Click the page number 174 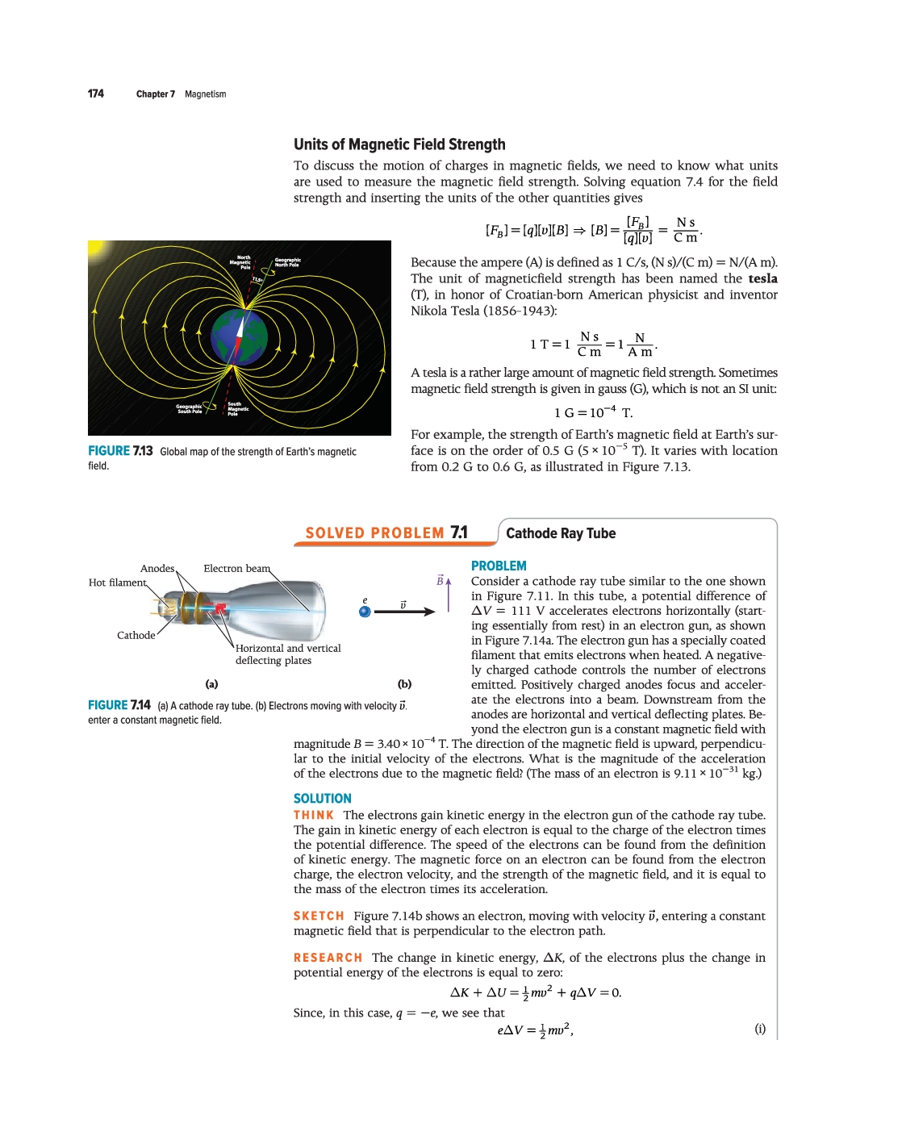tap(96, 94)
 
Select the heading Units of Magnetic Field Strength tap(399, 144)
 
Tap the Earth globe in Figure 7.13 tap(240, 337)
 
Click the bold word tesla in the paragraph tap(762, 278)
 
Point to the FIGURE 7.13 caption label tap(120, 451)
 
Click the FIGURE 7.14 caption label tap(119, 705)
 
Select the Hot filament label tap(118, 583)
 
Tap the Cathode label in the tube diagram tap(136, 635)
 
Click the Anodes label tap(157, 569)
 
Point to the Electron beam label tap(236, 569)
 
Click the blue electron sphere tap(365, 612)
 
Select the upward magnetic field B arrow tap(449, 594)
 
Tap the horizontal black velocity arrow tap(404, 612)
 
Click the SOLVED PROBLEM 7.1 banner tap(386, 533)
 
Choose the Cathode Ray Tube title tap(561, 533)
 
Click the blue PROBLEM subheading tap(499, 566)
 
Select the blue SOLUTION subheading tap(323, 799)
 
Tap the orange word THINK tap(314, 816)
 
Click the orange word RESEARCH tap(328, 958)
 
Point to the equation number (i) tap(760, 1029)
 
